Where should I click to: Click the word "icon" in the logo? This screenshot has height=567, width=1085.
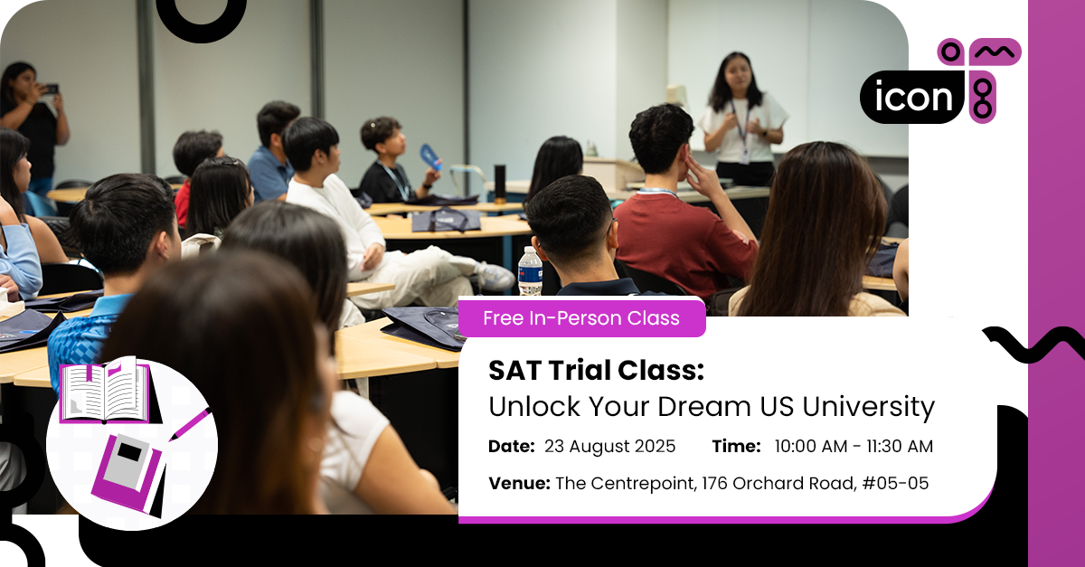click(x=913, y=98)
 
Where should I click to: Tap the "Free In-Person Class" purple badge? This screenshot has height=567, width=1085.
click(x=581, y=318)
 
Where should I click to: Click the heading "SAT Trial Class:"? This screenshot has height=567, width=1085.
click(x=595, y=370)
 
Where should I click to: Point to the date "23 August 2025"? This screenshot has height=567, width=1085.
click(x=609, y=447)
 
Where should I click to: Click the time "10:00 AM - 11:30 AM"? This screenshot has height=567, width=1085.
click(x=854, y=447)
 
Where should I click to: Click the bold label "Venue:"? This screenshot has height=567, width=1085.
click(x=519, y=484)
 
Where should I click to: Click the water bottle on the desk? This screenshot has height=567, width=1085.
click(x=530, y=270)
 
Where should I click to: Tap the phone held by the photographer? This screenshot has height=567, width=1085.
click(x=50, y=90)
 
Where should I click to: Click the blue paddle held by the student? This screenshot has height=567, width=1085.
click(x=430, y=157)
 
